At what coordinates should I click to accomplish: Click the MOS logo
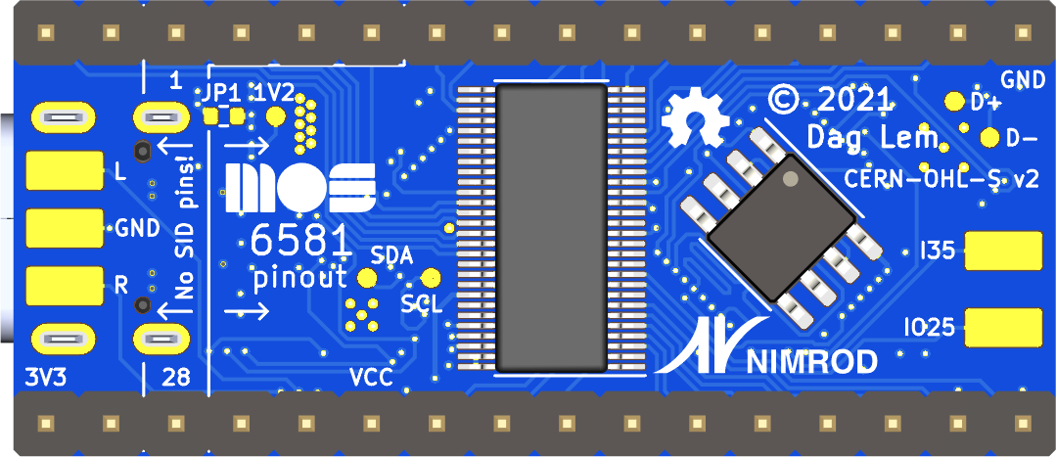[x=300, y=188]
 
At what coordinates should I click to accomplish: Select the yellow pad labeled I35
[x=1004, y=251]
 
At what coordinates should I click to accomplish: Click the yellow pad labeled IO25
[x=1004, y=327]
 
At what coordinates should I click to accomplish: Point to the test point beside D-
[x=988, y=136]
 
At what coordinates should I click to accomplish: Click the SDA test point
[x=367, y=278]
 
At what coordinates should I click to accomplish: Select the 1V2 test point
[x=277, y=116]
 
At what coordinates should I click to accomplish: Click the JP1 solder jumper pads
[x=224, y=116]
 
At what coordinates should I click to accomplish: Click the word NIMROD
[x=812, y=362]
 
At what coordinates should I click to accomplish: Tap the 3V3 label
[x=45, y=376]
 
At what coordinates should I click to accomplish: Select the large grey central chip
[x=551, y=228]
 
